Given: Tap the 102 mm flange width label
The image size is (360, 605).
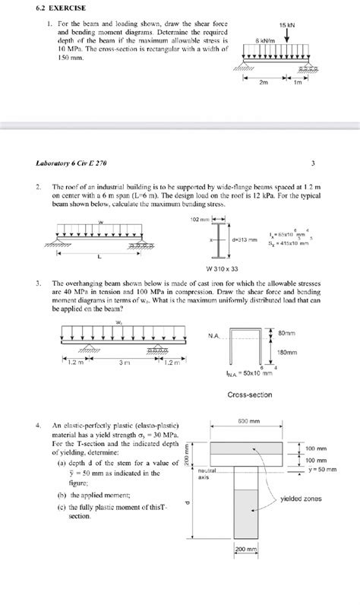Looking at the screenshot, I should [199, 219].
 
